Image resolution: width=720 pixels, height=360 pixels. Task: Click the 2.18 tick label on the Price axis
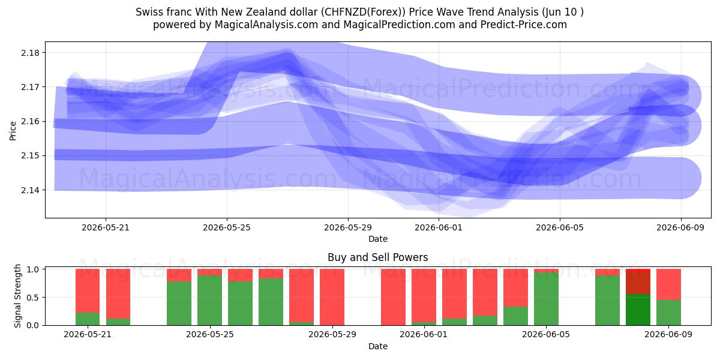pos(30,53)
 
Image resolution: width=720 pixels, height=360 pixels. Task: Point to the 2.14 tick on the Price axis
pos(30,190)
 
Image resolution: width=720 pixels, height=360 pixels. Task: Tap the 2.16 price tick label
pos(30,121)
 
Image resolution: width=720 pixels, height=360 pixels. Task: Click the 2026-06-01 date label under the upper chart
pos(439,227)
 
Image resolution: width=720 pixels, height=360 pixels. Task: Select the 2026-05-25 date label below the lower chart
pos(210,334)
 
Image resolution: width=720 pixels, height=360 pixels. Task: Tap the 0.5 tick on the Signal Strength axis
pos(33,298)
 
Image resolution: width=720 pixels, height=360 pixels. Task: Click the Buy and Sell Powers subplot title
pos(377,257)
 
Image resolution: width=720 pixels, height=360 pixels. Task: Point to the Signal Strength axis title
pos(17,296)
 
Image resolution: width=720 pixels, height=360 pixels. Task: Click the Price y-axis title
pos(13,131)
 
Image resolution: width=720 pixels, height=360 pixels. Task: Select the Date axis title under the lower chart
pos(377,346)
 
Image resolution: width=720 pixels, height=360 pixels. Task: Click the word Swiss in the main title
pos(148,12)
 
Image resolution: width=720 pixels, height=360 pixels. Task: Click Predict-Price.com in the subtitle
pos(524,25)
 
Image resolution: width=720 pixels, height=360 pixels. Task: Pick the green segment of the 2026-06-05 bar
pos(546,299)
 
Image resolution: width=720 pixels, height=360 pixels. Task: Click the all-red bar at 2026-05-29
pos(332,297)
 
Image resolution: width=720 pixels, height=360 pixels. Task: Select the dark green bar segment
pos(638,310)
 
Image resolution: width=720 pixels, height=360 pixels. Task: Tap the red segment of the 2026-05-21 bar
pos(88,290)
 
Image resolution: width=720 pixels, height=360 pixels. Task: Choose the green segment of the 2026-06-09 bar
pos(668,313)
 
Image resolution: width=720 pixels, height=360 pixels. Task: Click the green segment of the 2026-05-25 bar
pos(209,300)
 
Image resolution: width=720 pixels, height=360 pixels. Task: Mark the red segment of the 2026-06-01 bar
pos(424,295)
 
